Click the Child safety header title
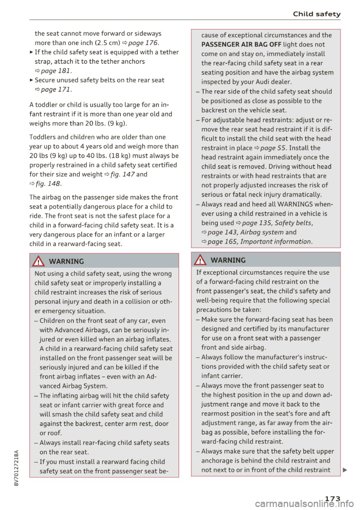pos(316,14)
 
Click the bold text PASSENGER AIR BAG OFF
pos(241,45)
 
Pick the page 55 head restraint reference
pos(273,148)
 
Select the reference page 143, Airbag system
pos(246,232)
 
